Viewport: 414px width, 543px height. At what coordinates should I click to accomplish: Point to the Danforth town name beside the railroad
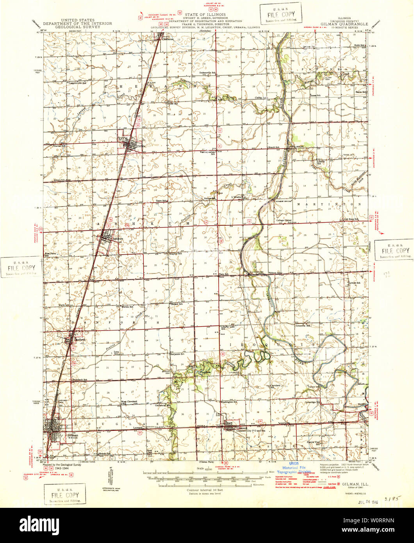[x=79, y=339]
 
